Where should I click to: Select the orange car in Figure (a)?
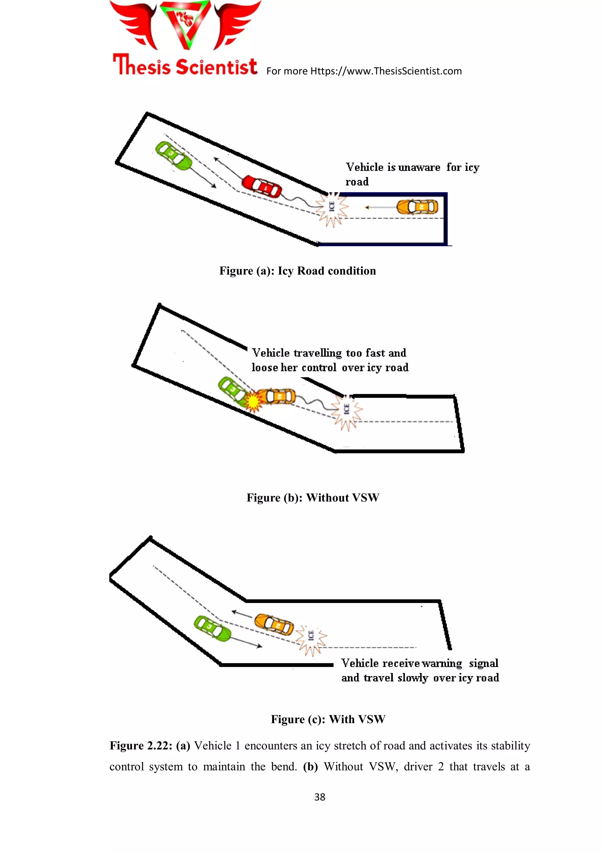click(x=417, y=207)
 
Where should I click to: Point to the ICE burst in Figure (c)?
click(x=311, y=637)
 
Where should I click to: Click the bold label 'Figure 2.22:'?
click(x=140, y=746)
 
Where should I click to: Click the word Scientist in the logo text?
click(x=216, y=67)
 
